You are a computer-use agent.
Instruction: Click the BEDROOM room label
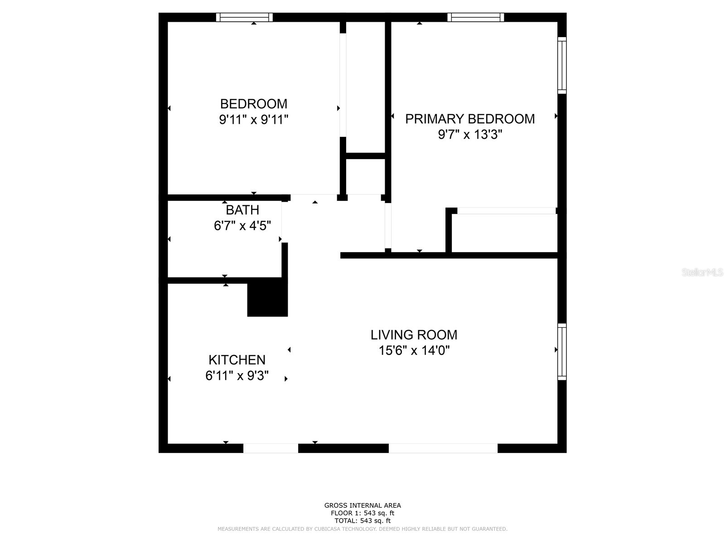pos(253,104)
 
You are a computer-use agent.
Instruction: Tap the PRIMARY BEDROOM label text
pos(470,119)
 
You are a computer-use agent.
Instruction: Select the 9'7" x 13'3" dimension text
pos(470,135)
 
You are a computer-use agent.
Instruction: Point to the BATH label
pos(242,210)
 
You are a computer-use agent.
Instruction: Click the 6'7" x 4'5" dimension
pos(242,225)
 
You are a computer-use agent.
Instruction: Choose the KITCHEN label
pos(237,360)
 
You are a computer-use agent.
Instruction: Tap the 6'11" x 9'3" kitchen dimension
pos(237,376)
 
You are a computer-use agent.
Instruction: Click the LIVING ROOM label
pos(414,335)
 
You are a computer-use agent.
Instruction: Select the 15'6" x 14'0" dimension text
pos(414,350)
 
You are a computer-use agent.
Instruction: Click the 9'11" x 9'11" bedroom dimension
pos(253,120)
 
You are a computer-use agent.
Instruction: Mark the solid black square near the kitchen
pos(267,298)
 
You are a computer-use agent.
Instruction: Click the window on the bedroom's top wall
pos(244,17)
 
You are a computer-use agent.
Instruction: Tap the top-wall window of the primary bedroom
pos(476,17)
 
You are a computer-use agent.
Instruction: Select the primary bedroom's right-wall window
pos(562,66)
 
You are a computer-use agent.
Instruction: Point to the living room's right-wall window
pos(562,352)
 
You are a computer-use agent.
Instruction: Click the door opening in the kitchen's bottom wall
pos(271,448)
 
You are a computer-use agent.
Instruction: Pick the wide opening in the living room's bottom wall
pos(443,448)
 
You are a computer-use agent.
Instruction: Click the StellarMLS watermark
pos(702,272)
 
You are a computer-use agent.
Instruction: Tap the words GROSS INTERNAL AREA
pos(362,505)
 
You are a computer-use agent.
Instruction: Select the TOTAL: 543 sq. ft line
pos(362,521)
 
